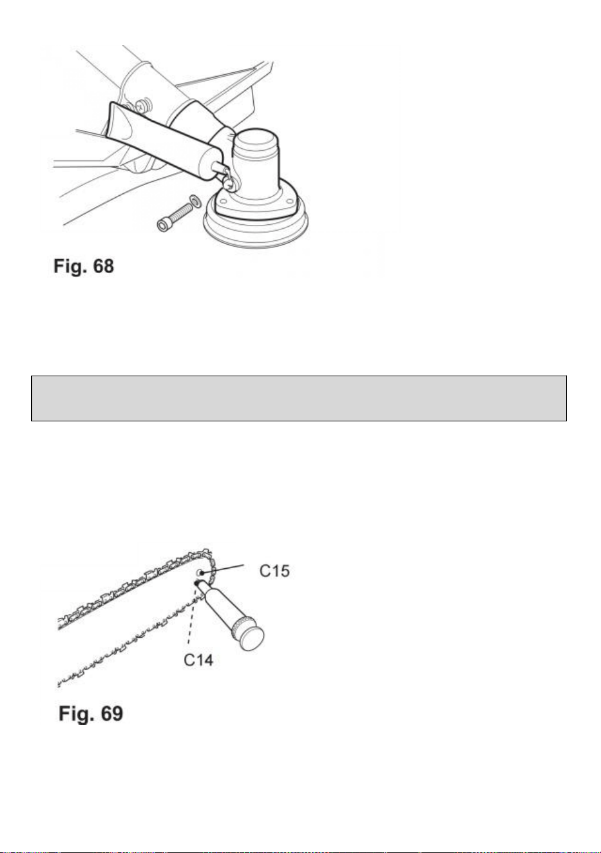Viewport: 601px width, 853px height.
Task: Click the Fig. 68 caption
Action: click(x=83, y=266)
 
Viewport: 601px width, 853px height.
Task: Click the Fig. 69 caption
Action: click(x=91, y=713)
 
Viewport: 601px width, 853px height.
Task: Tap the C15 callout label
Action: click(x=274, y=571)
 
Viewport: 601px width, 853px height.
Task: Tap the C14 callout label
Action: click(x=198, y=660)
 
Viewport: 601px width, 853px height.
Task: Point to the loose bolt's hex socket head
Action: click(x=163, y=225)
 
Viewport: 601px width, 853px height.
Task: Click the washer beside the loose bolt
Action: click(x=195, y=200)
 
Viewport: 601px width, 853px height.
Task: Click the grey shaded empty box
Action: click(x=299, y=398)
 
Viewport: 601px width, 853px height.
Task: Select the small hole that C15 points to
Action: click(x=200, y=573)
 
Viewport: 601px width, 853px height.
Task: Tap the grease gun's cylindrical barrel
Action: click(x=220, y=605)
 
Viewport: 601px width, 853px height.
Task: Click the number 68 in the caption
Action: click(x=103, y=266)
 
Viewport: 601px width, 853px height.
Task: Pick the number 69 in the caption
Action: click(x=112, y=713)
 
